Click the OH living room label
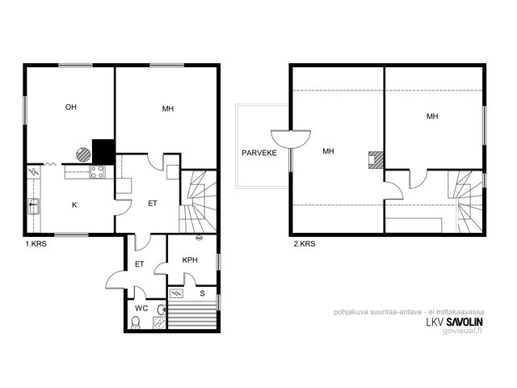pos(71,107)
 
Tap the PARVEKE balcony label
pos(259,153)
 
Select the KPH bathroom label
pos(190,260)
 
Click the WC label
pos(141,309)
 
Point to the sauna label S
pos(202,293)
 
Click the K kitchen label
pos(74,205)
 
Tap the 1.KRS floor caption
pos(36,244)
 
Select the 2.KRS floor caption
pos(305,244)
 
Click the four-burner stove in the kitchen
pos(97,172)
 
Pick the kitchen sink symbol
pos(34,206)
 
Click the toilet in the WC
pos(136,323)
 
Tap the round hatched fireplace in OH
pos(83,154)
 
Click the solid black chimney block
pos(103,151)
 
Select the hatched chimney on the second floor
pos(376,159)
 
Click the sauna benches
pos(192,316)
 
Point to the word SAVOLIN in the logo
pos(464,322)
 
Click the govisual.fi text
pos(462,331)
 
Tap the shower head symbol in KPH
pos(199,237)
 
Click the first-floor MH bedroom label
pos(168,108)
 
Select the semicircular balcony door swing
pos(291,139)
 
